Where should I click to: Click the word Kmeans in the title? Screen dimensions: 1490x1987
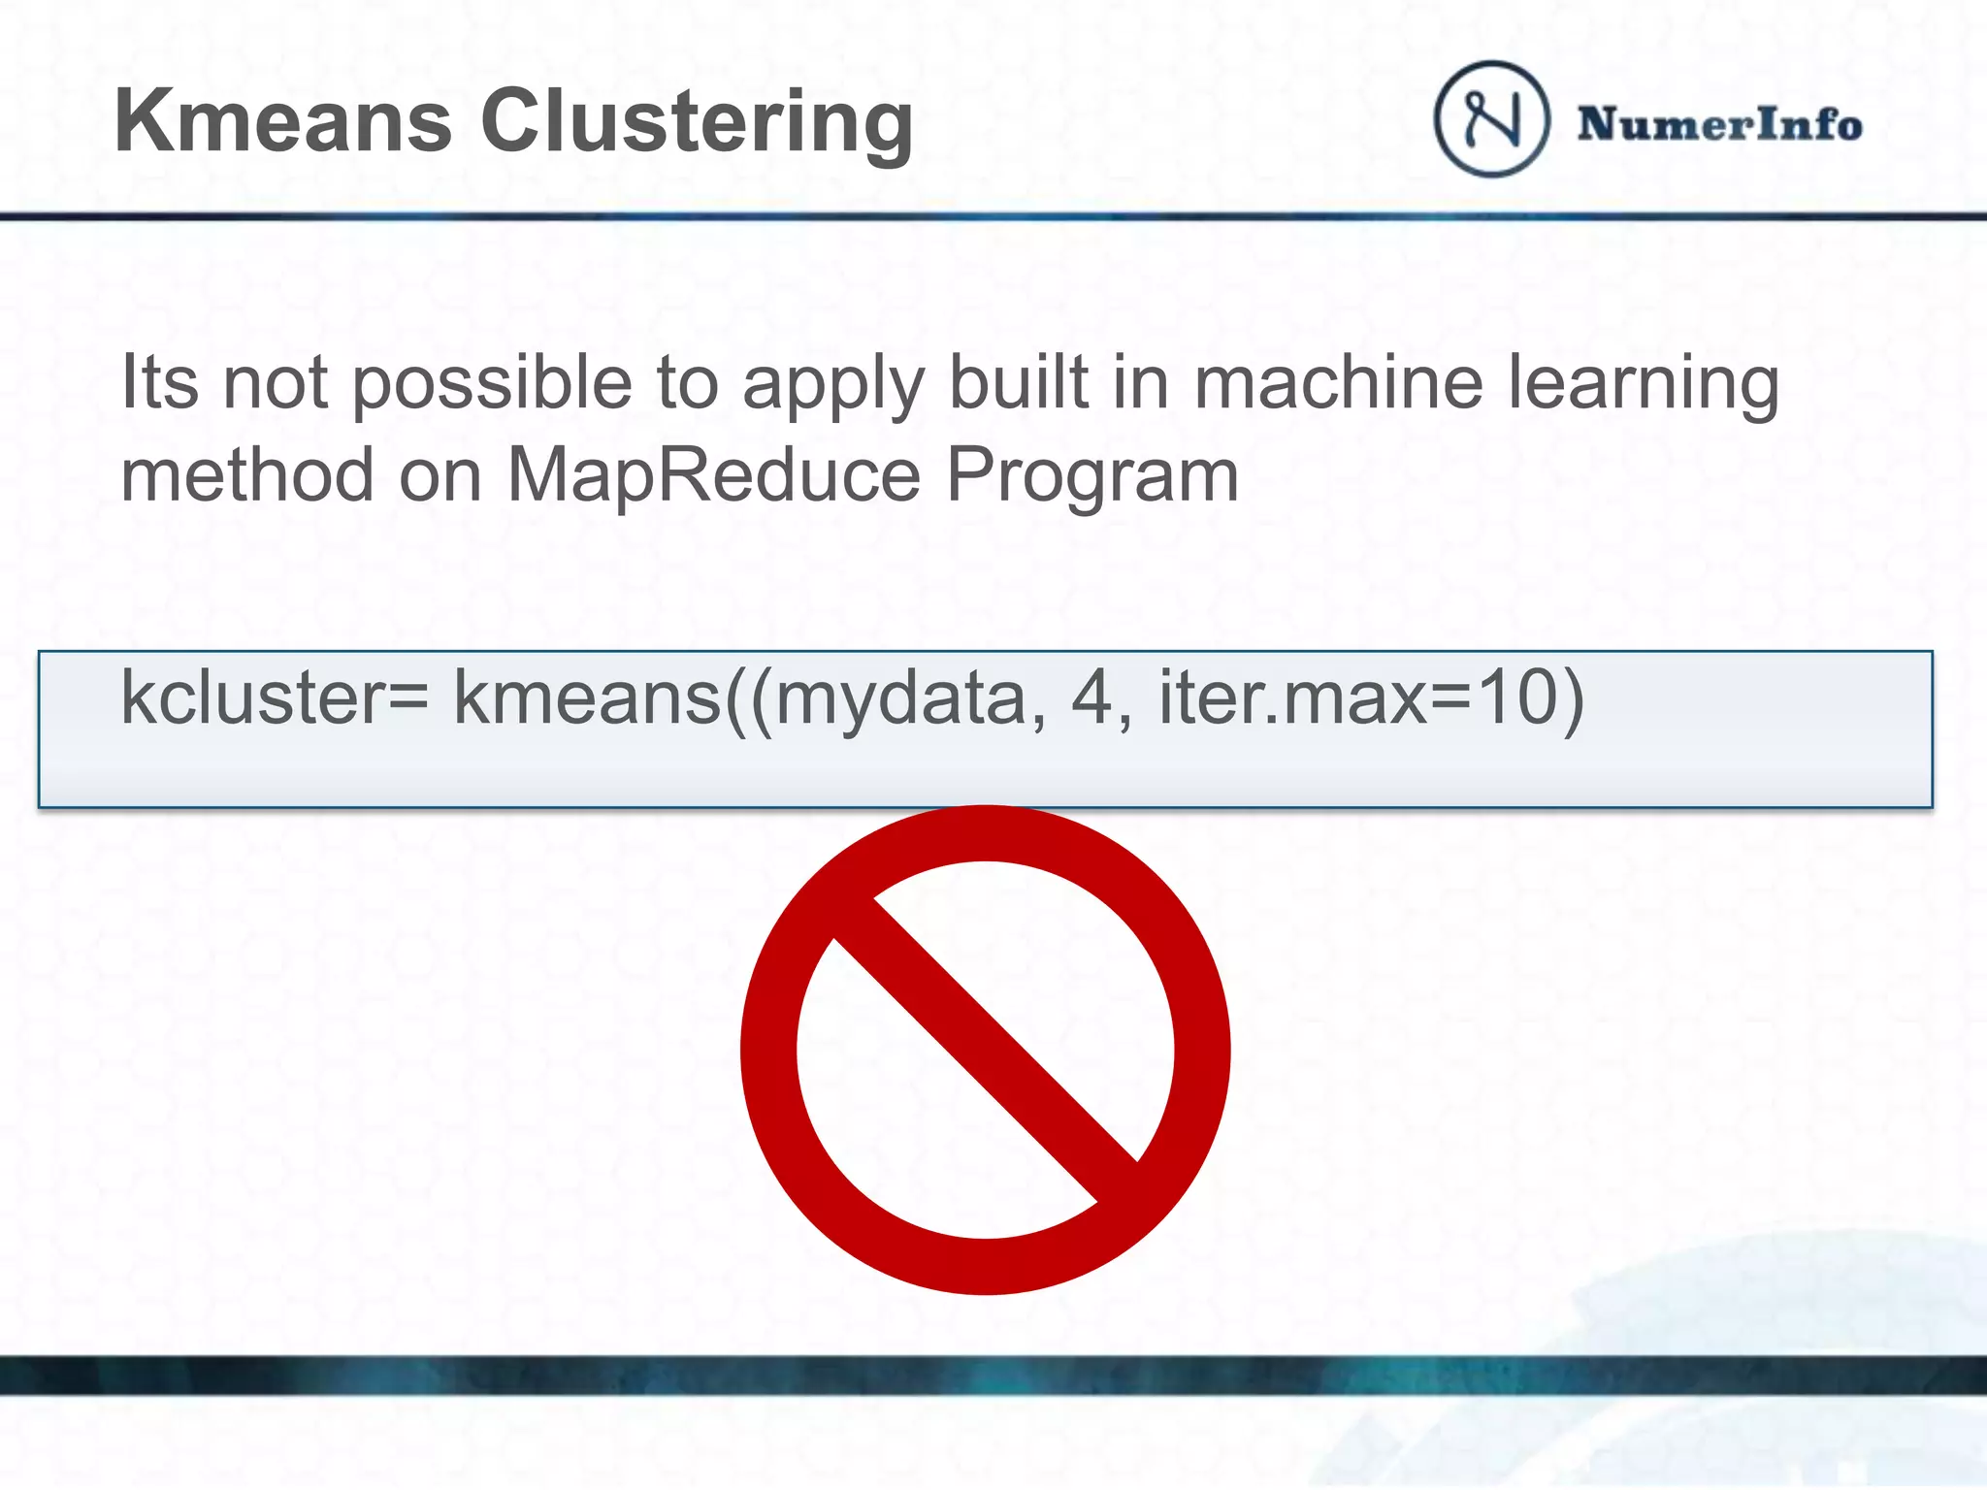282,121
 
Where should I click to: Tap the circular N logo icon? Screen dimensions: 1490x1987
1491,119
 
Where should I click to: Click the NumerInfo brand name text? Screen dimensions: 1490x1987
1719,124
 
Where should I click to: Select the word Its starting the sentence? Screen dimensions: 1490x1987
159,382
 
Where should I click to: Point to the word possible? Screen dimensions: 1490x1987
492,384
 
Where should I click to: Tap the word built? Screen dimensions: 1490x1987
1018,382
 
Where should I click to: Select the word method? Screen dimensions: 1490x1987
247,474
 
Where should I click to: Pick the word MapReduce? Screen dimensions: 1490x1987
713,474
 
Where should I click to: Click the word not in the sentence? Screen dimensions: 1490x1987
276,383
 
